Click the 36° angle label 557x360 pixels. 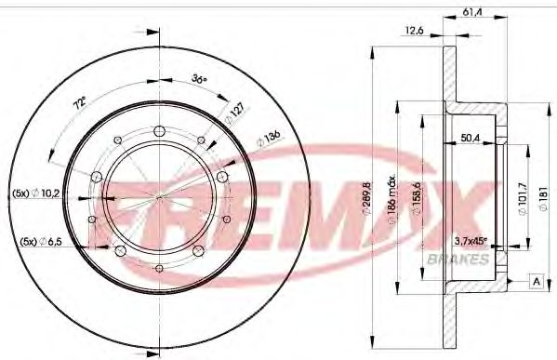pos(198,79)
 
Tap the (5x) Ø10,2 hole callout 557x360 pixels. pos(36,193)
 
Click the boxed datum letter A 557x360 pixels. pos(536,281)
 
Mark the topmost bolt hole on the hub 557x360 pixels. pos(160,128)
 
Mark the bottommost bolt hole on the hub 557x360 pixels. pos(160,269)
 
